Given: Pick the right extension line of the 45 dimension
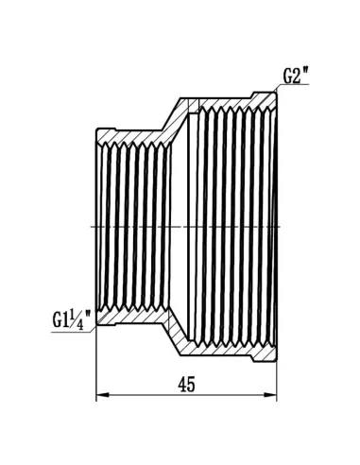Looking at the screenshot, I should tap(277, 378).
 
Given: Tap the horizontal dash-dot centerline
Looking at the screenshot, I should tap(189, 227).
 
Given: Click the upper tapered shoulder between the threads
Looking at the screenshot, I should tap(176, 118).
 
